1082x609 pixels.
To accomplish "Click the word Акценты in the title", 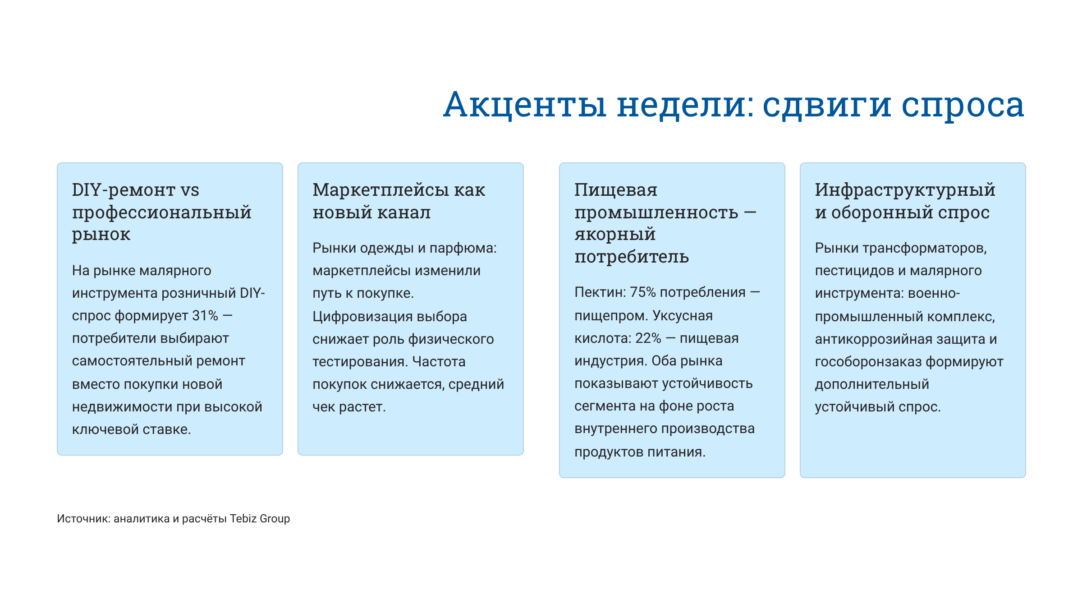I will coord(525,105).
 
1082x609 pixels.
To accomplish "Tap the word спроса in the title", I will coord(963,105).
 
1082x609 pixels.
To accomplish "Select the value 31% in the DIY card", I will coord(205,316).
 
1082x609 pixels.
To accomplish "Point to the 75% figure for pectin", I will coord(642,292).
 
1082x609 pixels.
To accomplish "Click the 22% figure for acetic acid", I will coord(648,338).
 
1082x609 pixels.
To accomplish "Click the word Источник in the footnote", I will coord(83,519).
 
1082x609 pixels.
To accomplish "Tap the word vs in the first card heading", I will coord(189,190).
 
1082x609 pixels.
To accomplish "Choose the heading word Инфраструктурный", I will coord(905,190).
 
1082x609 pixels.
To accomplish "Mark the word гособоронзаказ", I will coord(868,362).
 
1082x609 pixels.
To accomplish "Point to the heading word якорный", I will coord(615,234).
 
